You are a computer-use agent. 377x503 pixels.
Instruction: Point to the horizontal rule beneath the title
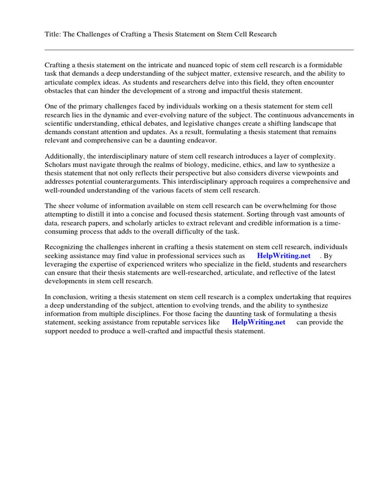click(x=199, y=50)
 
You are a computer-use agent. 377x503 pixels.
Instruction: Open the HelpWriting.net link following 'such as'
click(x=284, y=256)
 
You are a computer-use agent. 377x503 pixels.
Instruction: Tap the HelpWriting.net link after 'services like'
click(x=258, y=322)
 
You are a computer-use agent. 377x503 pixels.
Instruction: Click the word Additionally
click(x=64, y=155)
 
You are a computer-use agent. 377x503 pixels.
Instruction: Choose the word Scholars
click(x=58, y=164)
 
